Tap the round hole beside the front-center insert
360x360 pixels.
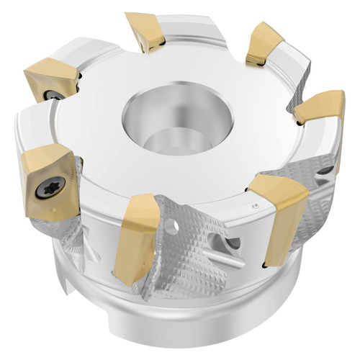click(172, 228)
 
